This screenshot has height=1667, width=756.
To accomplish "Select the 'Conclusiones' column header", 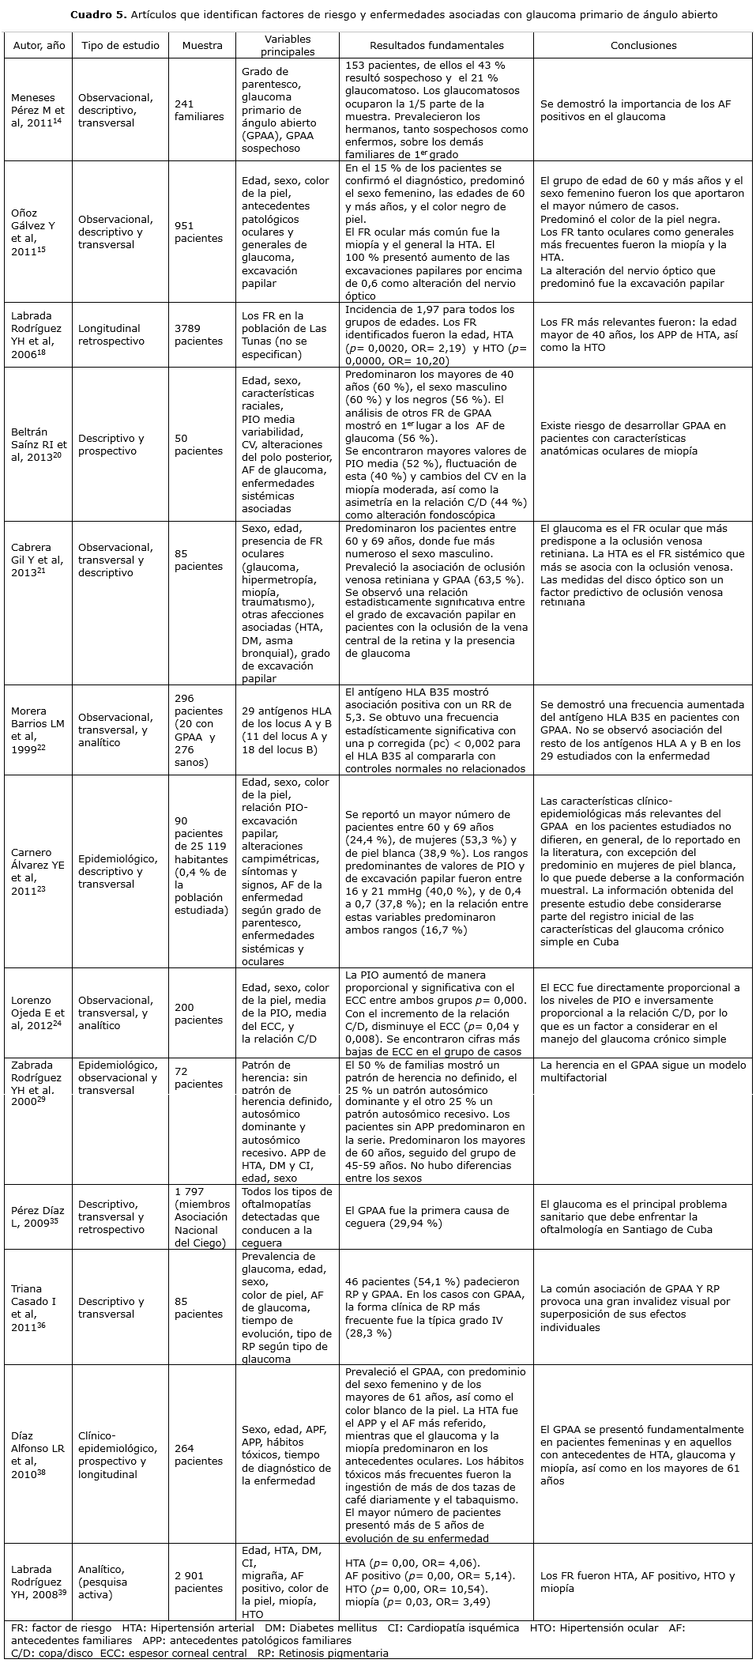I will tap(643, 46).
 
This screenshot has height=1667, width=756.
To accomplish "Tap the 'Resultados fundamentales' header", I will tap(436, 46).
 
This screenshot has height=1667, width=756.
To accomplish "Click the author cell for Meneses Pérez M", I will tap(38, 110).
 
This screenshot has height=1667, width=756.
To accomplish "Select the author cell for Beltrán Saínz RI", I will tap(38, 445).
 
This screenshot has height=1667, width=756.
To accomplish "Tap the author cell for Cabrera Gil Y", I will tap(38, 560).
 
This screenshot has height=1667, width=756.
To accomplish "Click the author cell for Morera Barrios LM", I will tap(38, 730).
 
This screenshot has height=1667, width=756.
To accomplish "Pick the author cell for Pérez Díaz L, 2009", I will tap(38, 1216).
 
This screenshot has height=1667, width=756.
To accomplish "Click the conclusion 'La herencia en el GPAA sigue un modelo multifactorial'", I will tap(642, 1072).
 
